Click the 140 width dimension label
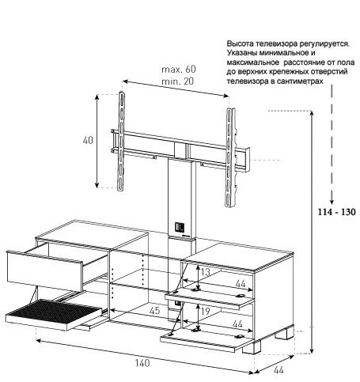pyautogui.click(x=142, y=363)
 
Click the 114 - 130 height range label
pyautogui.click(x=336, y=212)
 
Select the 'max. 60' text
pyautogui.click(x=179, y=70)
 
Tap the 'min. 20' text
pyautogui.click(x=177, y=81)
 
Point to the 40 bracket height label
pyautogui.click(x=88, y=140)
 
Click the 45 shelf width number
pyautogui.click(x=154, y=311)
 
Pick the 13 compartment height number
pyautogui.click(x=205, y=272)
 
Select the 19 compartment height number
pyautogui.click(x=205, y=312)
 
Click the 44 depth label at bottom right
pyautogui.click(x=279, y=370)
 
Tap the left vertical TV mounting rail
pyautogui.click(x=121, y=141)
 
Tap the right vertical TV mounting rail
pyautogui.click(x=230, y=157)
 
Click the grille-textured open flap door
pyautogui.click(x=53, y=314)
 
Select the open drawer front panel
pyautogui.click(x=45, y=271)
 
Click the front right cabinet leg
pyautogui.click(x=252, y=347)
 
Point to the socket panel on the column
pyautogui.click(x=180, y=227)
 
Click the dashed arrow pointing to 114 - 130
pyautogui.click(x=332, y=145)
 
